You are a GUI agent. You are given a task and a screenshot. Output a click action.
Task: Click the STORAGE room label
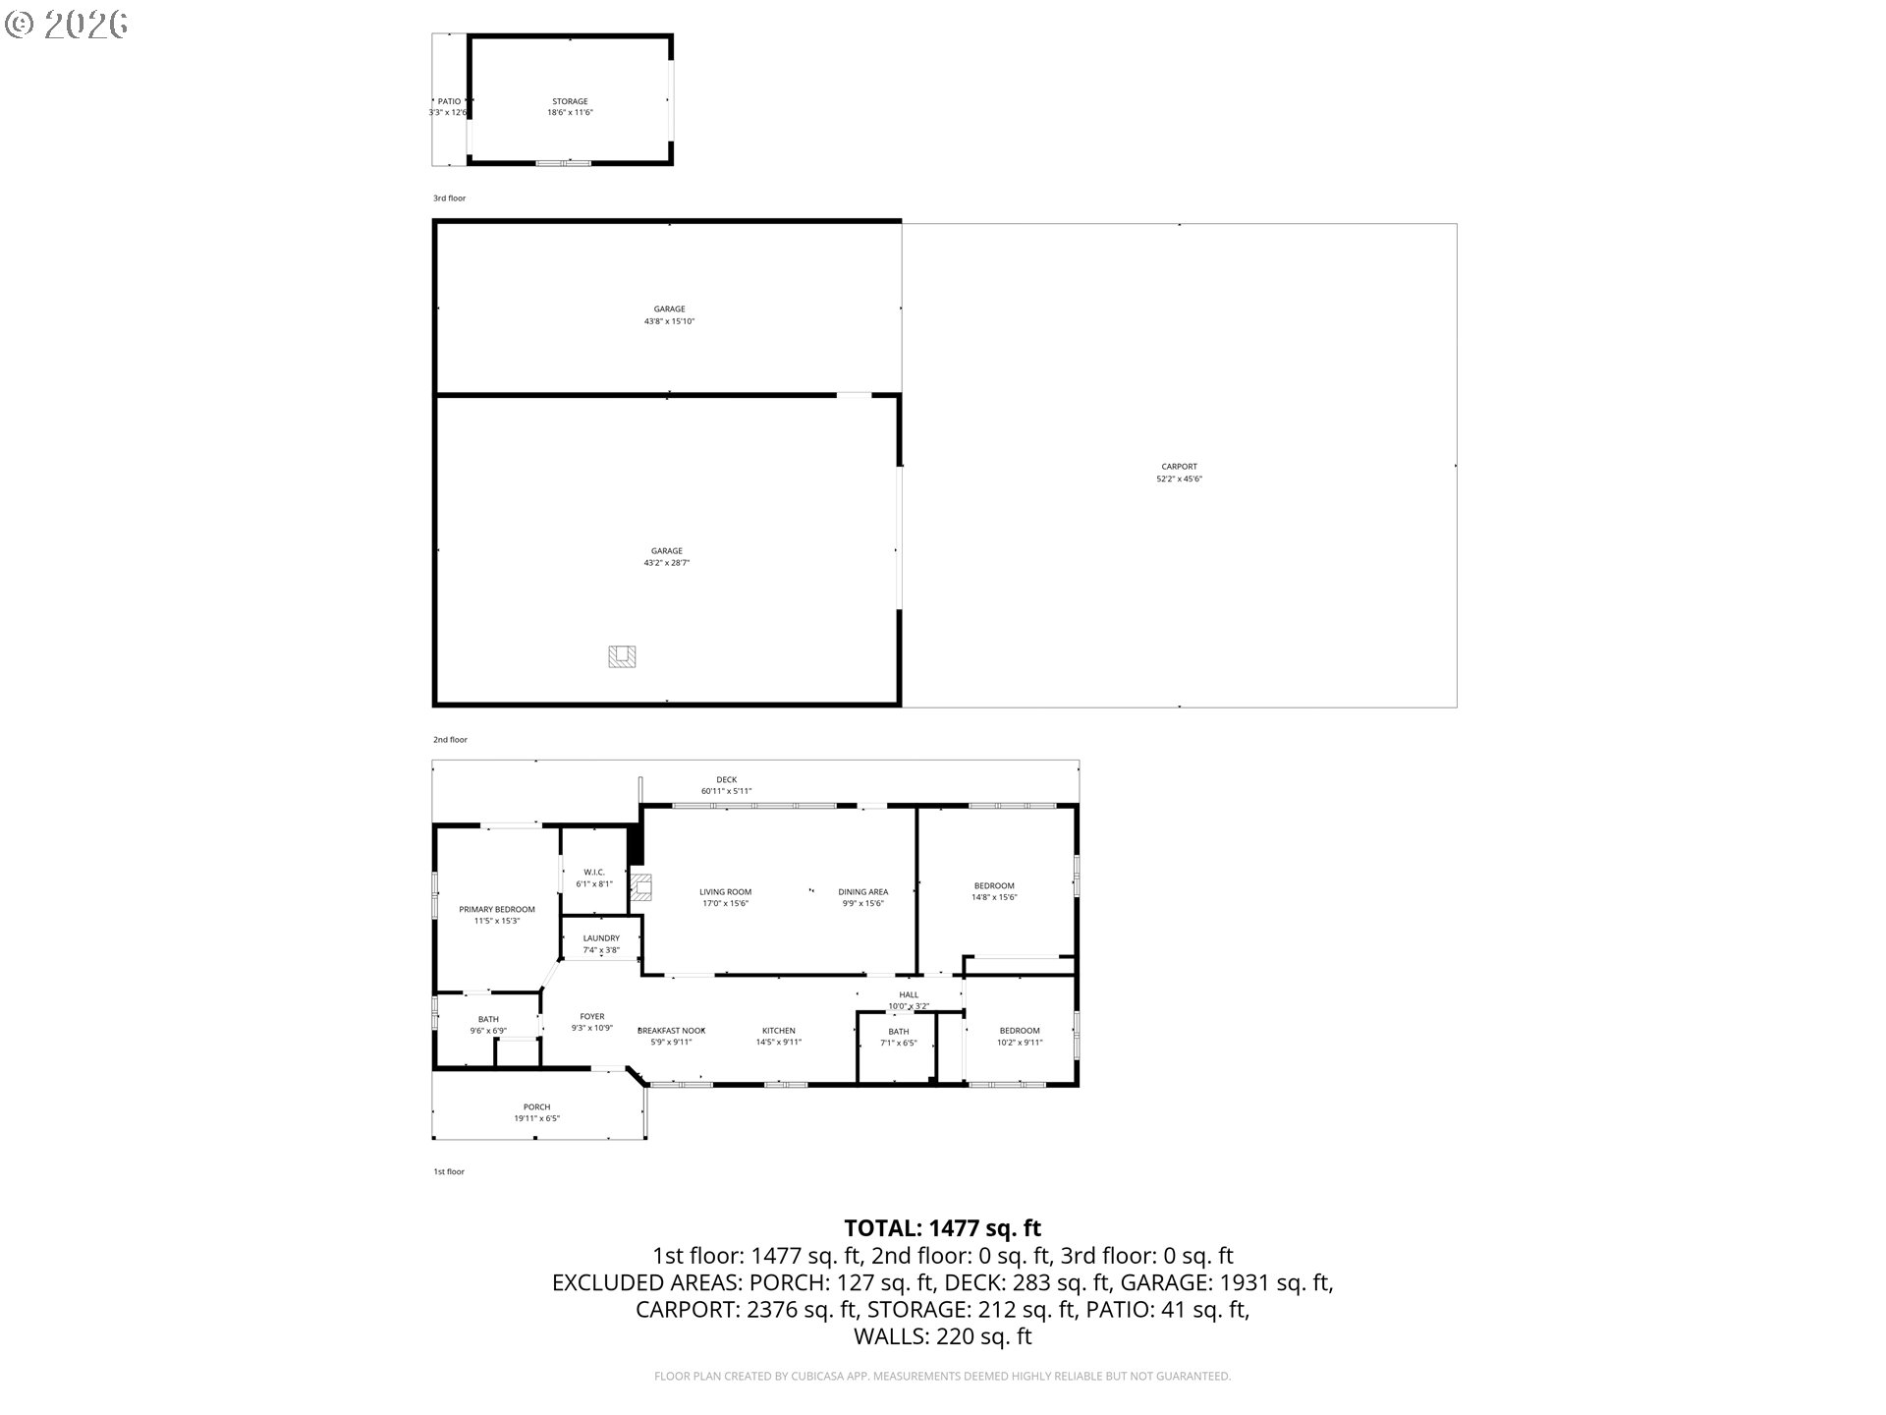[570, 101]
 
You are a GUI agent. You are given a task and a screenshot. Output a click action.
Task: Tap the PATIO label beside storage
[449, 101]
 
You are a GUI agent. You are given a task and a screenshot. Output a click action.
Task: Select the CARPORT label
[1179, 467]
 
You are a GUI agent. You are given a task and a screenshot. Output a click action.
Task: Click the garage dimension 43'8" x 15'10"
[669, 321]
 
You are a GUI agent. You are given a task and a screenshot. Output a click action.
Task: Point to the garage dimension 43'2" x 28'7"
[666, 563]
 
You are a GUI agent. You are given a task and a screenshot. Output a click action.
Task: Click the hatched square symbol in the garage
[622, 655]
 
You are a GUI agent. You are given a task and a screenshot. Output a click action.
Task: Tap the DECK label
[726, 780]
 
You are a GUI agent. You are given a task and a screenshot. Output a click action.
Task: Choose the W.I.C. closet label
[593, 872]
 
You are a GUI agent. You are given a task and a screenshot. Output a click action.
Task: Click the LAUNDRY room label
[601, 938]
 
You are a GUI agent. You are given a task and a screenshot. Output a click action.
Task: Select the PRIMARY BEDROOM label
[497, 909]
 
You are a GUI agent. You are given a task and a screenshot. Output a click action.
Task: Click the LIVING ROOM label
[725, 892]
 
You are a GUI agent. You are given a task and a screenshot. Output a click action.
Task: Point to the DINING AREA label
[862, 892]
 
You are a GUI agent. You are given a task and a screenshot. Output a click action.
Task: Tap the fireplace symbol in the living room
[641, 887]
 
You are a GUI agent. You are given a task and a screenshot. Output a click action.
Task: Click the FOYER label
[592, 1017]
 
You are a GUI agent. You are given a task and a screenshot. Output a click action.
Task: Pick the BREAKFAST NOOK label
[672, 1031]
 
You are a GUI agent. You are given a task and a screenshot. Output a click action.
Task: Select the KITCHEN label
[778, 1031]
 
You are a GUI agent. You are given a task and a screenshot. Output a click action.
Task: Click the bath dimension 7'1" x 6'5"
[898, 1044]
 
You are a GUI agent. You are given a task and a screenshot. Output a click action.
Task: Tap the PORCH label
[536, 1107]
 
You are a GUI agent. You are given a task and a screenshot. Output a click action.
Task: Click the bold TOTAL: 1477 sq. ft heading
[942, 1228]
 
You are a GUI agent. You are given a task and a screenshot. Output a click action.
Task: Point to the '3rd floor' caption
[450, 198]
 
